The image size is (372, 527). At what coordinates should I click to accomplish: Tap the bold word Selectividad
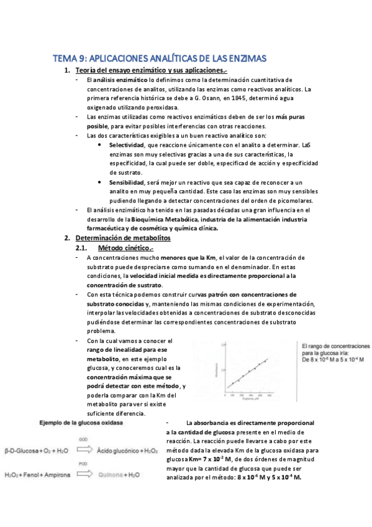(x=124, y=144)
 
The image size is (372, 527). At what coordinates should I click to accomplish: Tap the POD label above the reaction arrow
(x=81, y=464)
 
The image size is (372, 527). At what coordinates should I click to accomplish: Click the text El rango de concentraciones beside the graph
(x=335, y=346)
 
